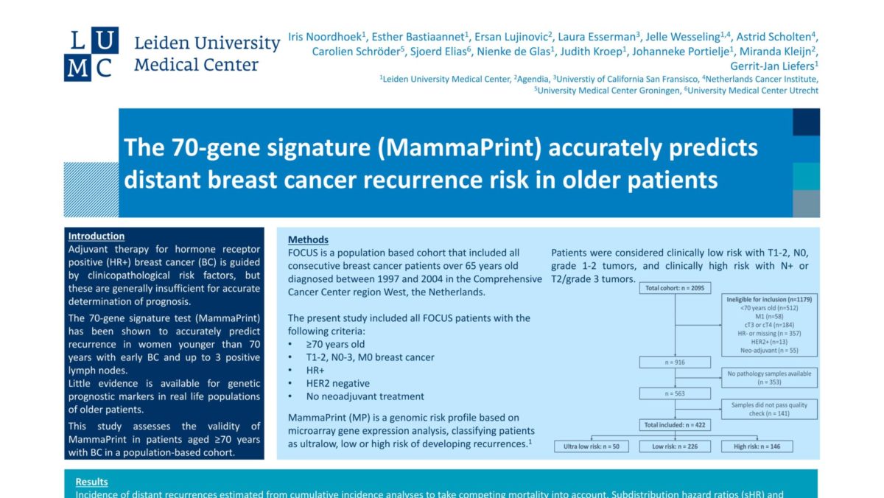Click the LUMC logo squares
(x=91, y=55)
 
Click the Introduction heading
(x=96, y=236)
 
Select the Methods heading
(x=308, y=239)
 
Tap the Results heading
(x=91, y=482)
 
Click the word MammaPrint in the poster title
(x=458, y=147)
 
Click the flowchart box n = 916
(x=675, y=362)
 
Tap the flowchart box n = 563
(x=675, y=393)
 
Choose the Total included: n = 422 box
(x=675, y=424)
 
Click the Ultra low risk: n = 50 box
(x=592, y=447)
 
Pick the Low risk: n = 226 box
(x=675, y=447)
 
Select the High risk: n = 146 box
(x=758, y=447)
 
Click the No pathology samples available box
(x=769, y=378)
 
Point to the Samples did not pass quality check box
(x=769, y=409)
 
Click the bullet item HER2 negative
(x=331, y=383)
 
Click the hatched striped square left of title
(x=91, y=189)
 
